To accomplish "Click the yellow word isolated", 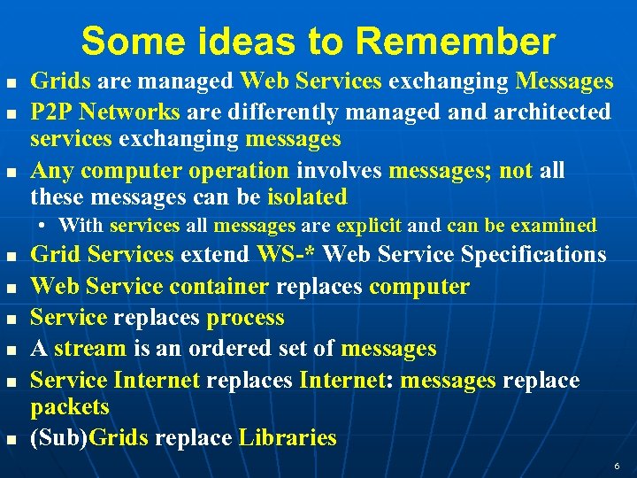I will coord(307,197).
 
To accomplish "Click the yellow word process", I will coord(245,318).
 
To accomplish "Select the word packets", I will coord(70,407).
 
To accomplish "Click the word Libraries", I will coord(288,437).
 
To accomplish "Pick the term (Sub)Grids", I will coord(89,437).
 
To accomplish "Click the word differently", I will coord(272,112).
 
